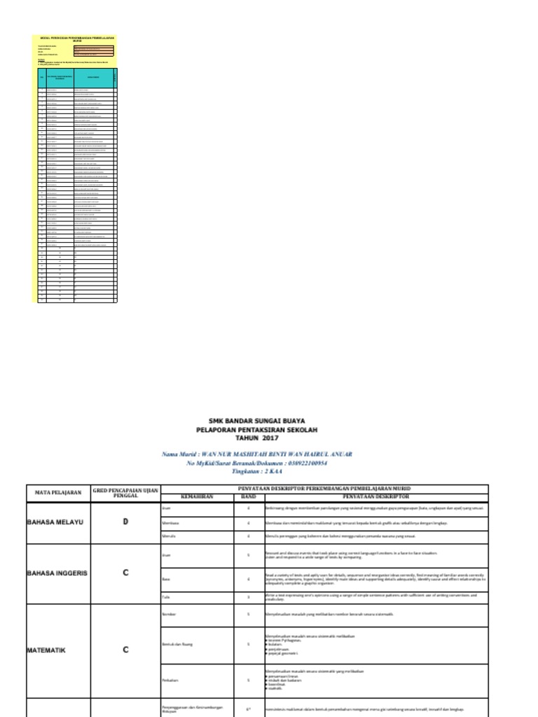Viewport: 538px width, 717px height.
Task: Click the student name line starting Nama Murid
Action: coord(258,454)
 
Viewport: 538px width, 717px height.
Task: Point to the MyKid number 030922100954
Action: coord(298,464)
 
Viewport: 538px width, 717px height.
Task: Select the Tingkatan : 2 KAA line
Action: coord(258,472)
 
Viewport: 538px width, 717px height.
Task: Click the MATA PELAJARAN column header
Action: coord(58,492)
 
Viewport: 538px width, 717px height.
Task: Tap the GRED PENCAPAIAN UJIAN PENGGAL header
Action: coord(125,492)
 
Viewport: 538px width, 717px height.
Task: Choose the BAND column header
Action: coord(248,496)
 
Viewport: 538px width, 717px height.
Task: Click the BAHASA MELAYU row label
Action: coord(55,522)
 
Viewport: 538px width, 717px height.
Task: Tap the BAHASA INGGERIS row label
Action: coord(57,573)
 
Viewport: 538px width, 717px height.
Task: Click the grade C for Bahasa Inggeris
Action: coord(125,573)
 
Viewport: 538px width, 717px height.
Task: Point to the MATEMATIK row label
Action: coord(46,650)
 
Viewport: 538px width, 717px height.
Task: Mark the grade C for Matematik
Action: coord(125,650)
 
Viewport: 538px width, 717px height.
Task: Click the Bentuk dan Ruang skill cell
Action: coord(178,643)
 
